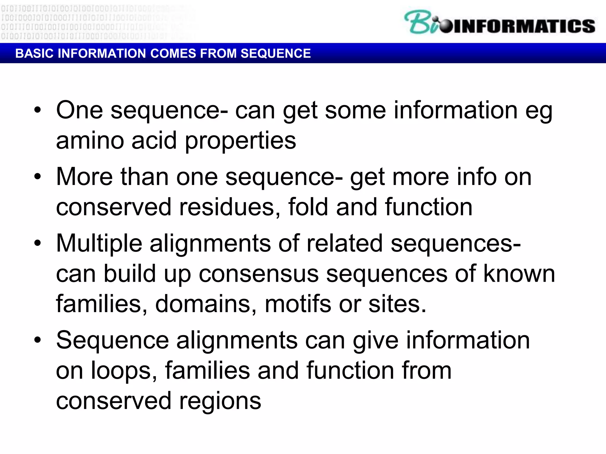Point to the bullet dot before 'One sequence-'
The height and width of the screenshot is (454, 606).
pyautogui.click(x=38, y=110)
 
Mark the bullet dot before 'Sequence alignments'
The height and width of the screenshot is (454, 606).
pyautogui.click(x=38, y=340)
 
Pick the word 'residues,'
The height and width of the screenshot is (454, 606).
pyautogui.click(x=230, y=207)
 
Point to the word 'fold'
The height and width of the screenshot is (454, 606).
pyautogui.click(x=309, y=207)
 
